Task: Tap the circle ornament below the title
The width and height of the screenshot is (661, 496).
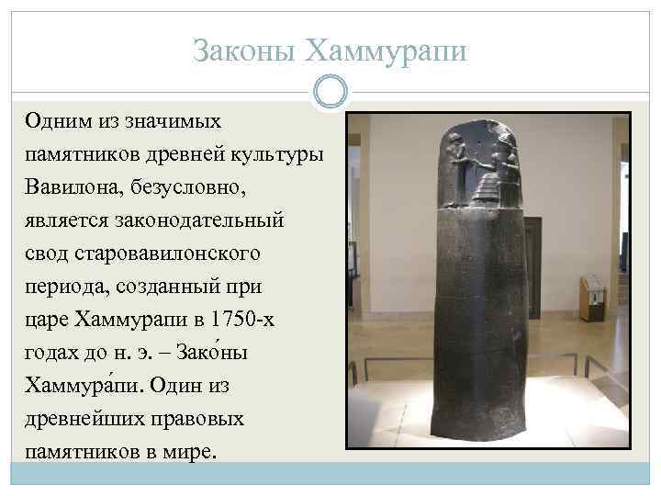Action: [330, 91]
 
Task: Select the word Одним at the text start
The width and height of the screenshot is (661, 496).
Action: [54, 121]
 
